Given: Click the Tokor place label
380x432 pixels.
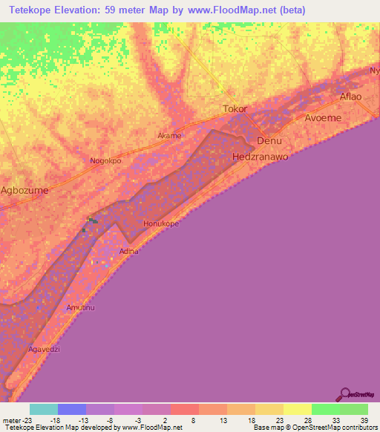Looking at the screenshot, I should (x=235, y=109).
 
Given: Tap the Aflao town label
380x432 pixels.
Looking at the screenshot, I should (x=350, y=97).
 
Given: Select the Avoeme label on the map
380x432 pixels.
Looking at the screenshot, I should (x=323, y=117).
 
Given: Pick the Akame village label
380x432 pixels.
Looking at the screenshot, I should (x=169, y=136).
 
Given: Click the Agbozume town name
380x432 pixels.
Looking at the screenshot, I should (x=24, y=190).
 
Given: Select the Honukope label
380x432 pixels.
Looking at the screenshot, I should (x=161, y=223).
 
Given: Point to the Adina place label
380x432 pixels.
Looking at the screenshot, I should (x=129, y=252).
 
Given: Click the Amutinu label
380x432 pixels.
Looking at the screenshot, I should (x=82, y=307).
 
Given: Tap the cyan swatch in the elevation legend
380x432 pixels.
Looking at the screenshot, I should (x=44, y=409).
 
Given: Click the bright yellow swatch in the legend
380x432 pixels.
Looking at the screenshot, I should (x=297, y=409).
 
